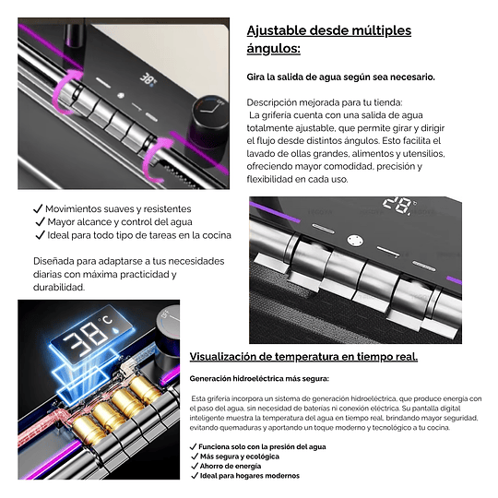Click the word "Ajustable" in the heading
277,30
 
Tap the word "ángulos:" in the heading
274,49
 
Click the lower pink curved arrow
157,159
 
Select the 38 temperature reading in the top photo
148,78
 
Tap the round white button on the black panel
355,241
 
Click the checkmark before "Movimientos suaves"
38,208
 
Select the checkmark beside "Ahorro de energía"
195,466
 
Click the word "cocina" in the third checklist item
217,235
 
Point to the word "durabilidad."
59,288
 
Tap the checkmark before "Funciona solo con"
193,447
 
